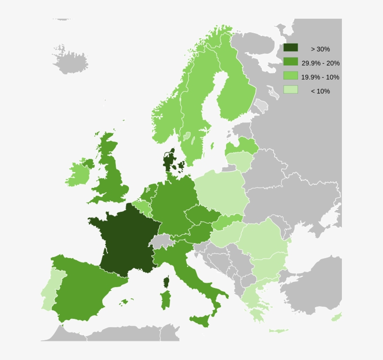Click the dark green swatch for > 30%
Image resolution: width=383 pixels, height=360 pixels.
[x=290, y=48]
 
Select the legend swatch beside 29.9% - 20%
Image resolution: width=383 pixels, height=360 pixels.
[x=290, y=62]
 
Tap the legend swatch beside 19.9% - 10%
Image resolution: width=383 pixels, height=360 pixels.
[x=290, y=76]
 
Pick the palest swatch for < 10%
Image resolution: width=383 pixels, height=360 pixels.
[x=290, y=90]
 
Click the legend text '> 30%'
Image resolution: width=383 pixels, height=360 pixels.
[x=320, y=49]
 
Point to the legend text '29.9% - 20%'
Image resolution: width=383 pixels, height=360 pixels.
[x=320, y=63]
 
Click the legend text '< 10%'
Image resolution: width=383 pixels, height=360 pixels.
[x=320, y=91]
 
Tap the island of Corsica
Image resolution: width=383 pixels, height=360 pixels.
[x=166, y=282]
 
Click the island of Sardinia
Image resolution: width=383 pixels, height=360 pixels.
[x=165, y=300]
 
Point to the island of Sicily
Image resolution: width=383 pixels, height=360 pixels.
[x=201, y=321]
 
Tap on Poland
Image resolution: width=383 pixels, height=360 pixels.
[x=220, y=192]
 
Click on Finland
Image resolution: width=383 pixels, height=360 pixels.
[x=234, y=89]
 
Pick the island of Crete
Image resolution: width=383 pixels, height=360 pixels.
[x=278, y=331]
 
